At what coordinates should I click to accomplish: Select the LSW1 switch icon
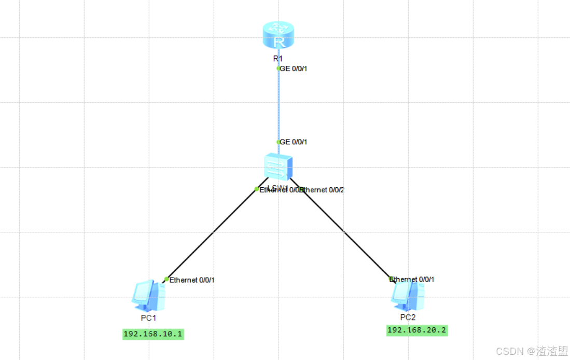[279, 167]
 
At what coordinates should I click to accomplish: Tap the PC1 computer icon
[149, 295]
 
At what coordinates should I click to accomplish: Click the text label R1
[279, 58]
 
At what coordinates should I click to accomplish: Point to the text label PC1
[149, 317]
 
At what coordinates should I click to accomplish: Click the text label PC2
[408, 317]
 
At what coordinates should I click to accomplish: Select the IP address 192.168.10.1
[153, 334]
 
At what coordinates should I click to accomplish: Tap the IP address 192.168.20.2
[416, 330]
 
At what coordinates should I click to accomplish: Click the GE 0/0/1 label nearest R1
[294, 68]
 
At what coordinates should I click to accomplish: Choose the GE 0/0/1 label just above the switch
[294, 142]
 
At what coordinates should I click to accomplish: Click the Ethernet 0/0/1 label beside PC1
[192, 280]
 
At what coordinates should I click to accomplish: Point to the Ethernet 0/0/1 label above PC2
[412, 279]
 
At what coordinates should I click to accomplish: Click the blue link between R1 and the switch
[279, 104]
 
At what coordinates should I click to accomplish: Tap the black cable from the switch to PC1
[213, 233]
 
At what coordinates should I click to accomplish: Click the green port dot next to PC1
[166, 279]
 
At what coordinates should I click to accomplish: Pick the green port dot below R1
[279, 68]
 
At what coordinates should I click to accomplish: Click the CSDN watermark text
[531, 351]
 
